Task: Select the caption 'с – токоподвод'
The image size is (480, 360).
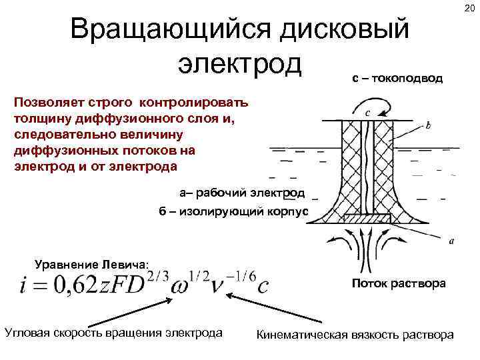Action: [397, 79]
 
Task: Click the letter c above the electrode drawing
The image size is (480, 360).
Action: [368, 112]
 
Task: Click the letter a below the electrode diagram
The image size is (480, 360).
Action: [452, 243]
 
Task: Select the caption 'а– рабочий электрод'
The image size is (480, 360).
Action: [241, 193]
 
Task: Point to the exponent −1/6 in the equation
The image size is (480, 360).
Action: [242, 275]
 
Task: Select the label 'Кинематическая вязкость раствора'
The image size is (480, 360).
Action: [355, 334]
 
